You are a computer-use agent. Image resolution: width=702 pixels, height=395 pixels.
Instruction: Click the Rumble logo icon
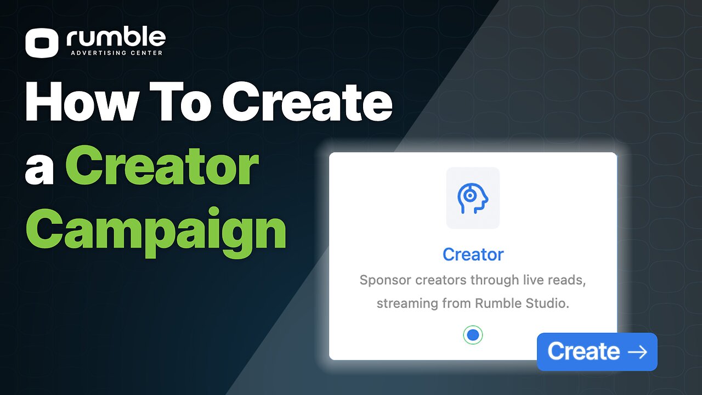click(x=42, y=43)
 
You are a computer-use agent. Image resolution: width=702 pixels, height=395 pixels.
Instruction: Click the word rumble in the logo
click(x=116, y=38)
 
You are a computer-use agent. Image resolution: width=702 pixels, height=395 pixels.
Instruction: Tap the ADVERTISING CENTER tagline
click(x=117, y=53)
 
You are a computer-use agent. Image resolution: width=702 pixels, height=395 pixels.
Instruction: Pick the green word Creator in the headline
click(x=162, y=165)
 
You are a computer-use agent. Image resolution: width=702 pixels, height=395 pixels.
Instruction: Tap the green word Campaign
click(x=156, y=233)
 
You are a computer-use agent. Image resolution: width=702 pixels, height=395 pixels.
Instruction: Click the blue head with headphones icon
click(x=473, y=199)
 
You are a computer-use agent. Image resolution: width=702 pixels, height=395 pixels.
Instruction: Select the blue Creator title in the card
click(x=473, y=254)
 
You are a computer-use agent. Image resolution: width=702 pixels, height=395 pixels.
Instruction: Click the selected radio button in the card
click(x=473, y=335)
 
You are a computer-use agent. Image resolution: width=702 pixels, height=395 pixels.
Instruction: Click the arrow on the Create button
click(x=637, y=352)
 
